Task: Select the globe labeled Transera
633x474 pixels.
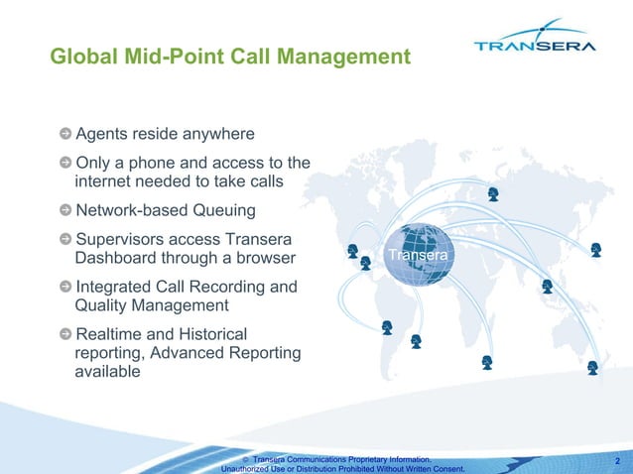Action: [419, 256]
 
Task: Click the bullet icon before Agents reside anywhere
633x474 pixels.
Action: [65, 134]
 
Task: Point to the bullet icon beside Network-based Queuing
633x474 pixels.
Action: [65, 210]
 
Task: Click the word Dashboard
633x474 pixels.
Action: [120, 258]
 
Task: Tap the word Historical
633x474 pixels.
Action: [203, 334]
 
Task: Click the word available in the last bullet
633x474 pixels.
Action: [108, 372]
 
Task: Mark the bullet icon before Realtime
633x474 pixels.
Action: [65, 334]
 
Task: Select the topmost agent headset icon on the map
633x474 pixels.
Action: [493, 193]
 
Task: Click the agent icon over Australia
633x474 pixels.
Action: [592, 367]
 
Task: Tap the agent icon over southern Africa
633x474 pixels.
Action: [487, 362]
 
